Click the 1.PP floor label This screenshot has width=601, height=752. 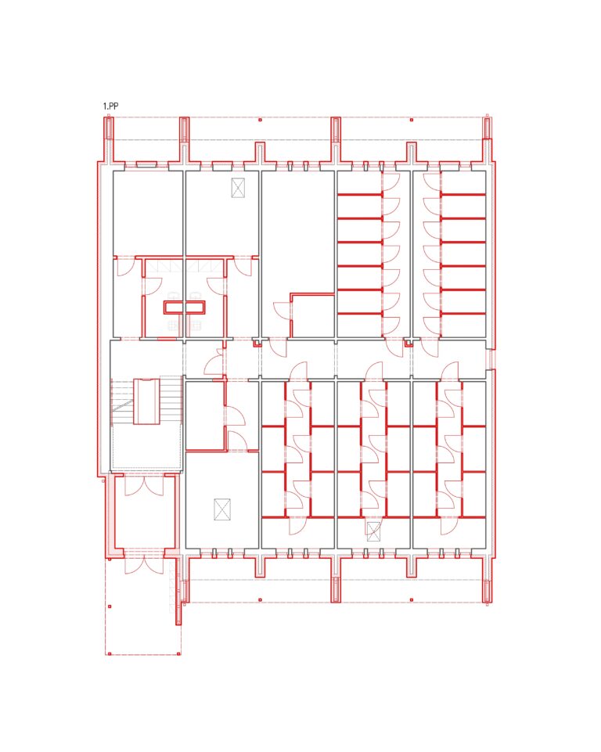click(x=111, y=106)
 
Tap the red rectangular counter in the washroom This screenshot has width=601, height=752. click(x=185, y=307)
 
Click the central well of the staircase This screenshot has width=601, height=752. click(x=146, y=401)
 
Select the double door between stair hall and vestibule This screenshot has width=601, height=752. click(x=144, y=485)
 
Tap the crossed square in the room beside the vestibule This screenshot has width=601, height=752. click(x=222, y=509)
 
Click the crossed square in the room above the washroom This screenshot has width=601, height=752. click(x=238, y=188)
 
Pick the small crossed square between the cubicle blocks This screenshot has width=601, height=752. click(x=373, y=531)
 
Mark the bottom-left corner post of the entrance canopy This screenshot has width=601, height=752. click(x=110, y=653)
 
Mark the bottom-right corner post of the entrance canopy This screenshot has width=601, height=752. click(x=179, y=653)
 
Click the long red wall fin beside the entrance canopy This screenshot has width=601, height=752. click(x=179, y=590)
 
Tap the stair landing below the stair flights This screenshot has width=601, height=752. click(x=147, y=447)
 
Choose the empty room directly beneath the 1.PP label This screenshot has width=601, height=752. click(x=148, y=214)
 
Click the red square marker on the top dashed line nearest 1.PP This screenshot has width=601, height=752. click(x=260, y=120)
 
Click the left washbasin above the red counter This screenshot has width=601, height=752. click(x=175, y=296)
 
